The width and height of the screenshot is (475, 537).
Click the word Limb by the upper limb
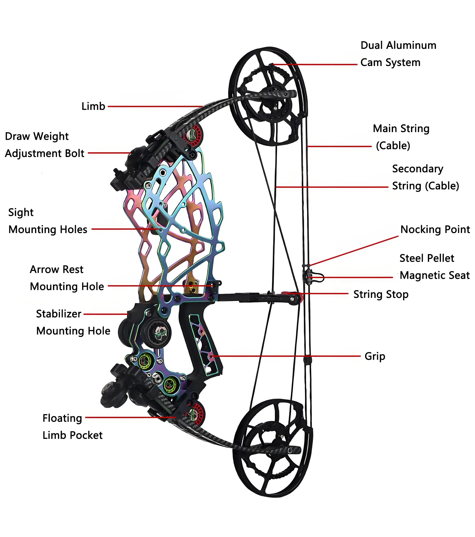pyautogui.click(x=93, y=106)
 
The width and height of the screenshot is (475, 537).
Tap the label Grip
pyautogui.click(x=375, y=356)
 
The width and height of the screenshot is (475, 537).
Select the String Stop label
pyautogui.click(x=381, y=294)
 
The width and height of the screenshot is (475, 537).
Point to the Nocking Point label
pyautogui.click(x=435, y=229)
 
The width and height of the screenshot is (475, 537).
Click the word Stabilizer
pyautogui.click(x=59, y=314)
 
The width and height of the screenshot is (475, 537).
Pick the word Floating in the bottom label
pyautogui.click(x=62, y=418)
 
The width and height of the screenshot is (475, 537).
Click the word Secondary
pyautogui.click(x=417, y=169)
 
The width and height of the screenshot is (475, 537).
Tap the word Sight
pyautogui.click(x=21, y=212)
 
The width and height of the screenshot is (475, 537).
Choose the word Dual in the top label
pyautogui.click(x=372, y=45)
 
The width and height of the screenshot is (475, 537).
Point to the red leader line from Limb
pyautogui.click(x=155, y=106)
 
